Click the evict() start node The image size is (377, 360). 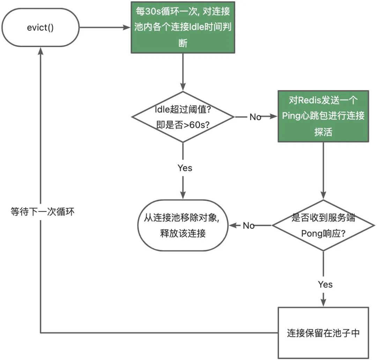tap(40, 27)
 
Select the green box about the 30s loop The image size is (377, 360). tap(183, 27)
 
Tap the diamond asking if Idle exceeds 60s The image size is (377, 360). tap(183, 117)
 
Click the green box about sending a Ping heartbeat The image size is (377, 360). tap(323, 116)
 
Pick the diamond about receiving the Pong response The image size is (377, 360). tap(323, 225)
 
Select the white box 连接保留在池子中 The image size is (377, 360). tap(323, 332)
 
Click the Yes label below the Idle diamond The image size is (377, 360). tap(185, 168)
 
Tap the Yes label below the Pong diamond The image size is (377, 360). tap(325, 284)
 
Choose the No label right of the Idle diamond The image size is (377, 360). tap(255, 117)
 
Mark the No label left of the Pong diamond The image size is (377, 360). tap(249, 226)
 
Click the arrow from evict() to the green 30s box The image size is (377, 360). tap(105, 27)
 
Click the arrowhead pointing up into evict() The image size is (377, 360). tap(41, 51)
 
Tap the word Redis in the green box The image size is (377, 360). tap(307, 100)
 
